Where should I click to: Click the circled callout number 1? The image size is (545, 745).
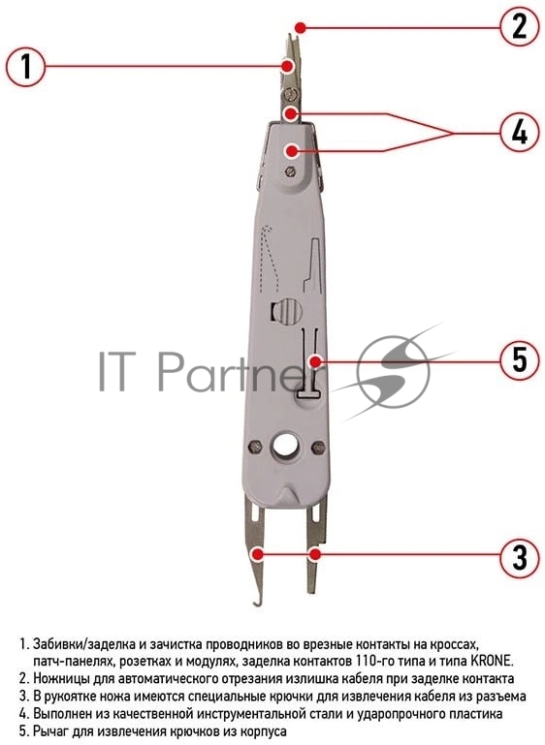coord(26,66)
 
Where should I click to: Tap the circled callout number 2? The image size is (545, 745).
coord(520,26)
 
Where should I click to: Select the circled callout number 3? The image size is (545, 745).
coord(520,557)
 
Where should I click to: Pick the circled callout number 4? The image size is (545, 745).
coord(520,132)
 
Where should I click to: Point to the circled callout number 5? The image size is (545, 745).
coord(520,359)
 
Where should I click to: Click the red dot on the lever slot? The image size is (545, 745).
coord(314,361)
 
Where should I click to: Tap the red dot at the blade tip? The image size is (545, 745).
coord(300,27)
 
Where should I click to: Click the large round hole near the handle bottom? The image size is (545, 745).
coord(284,446)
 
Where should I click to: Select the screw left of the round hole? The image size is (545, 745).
coord(255,446)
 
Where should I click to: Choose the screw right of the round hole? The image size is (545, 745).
coord(317,447)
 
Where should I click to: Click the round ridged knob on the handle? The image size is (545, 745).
coord(289,311)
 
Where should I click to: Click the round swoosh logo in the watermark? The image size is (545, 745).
coord(393,372)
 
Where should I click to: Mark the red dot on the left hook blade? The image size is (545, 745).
coord(257,553)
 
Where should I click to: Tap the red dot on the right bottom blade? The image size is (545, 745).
coord(314,554)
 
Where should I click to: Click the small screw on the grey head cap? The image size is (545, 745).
coord(289,171)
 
